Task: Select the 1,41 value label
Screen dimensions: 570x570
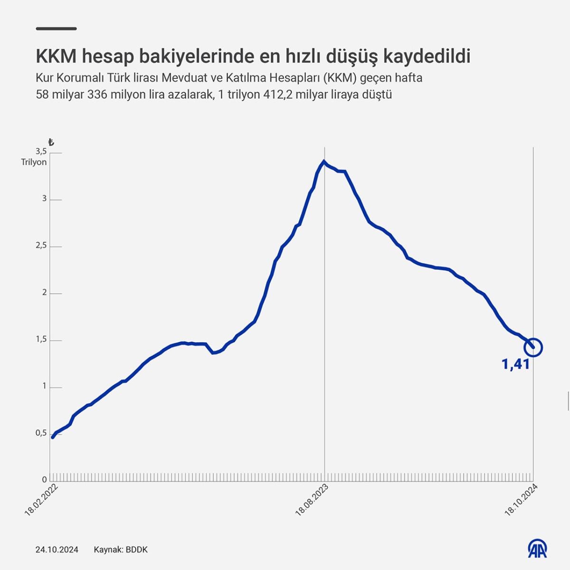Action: [515, 364]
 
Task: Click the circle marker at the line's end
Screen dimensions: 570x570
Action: [533, 347]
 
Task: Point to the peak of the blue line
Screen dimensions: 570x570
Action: [324, 161]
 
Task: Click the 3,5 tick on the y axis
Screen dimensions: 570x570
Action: [41, 152]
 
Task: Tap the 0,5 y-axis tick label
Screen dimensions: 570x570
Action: [41, 433]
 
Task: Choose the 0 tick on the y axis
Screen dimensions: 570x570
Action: [44, 480]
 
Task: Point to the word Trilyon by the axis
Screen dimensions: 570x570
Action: [34, 162]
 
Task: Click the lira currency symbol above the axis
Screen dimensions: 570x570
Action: [51, 142]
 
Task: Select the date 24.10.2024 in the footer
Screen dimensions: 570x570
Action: [57, 550]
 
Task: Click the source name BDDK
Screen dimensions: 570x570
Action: [137, 550]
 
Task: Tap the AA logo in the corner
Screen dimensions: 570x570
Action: [538, 549]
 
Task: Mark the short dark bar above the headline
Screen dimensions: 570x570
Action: [56, 28]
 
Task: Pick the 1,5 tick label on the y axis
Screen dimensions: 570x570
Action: [41, 339]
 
